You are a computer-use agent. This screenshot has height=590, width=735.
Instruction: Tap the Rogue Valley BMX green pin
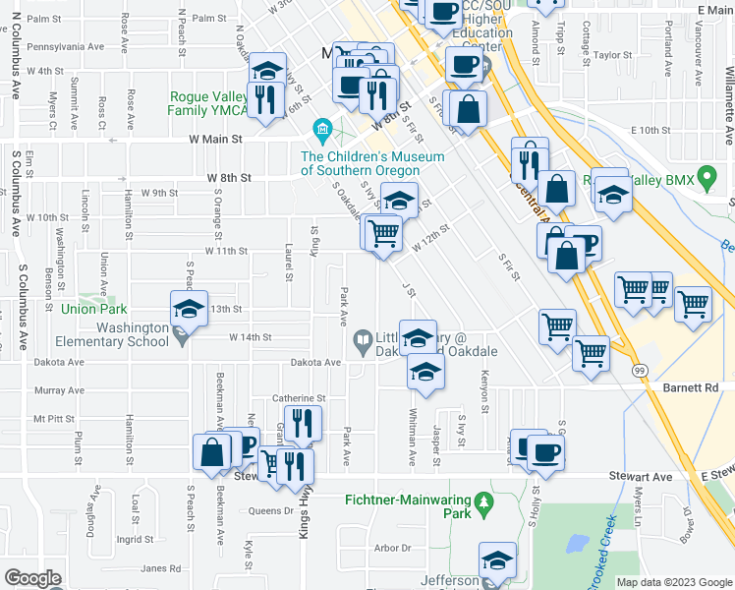707,179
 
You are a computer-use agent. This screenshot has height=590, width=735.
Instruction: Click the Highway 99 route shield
640,370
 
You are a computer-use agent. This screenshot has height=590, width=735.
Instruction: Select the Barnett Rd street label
700,387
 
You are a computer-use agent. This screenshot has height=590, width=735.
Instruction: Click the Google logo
32,577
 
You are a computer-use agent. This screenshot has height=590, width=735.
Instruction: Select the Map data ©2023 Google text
674,582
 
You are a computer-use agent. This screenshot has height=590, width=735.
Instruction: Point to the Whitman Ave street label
411,422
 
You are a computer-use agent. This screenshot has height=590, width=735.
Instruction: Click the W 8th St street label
230,178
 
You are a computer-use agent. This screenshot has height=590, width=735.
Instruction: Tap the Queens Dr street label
271,510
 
